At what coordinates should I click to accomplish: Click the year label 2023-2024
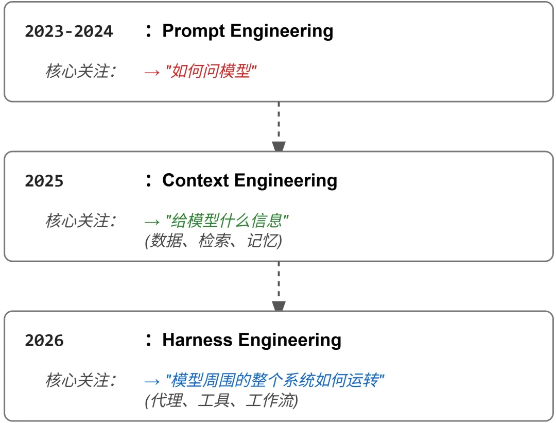click(x=68, y=31)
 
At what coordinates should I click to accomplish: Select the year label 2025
click(x=44, y=181)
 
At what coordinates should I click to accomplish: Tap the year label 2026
click(x=44, y=341)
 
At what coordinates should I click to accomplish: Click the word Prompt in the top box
click(x=194, y=31)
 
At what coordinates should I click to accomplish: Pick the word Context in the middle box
click(x=196, y=180)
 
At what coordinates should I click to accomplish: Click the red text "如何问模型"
click(x=211, y=72)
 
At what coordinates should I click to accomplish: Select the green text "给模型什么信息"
click(x=227, y=221)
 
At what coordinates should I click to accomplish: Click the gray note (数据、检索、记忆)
click(x=214, y=241)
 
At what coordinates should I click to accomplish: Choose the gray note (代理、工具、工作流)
click(x=221, y=401)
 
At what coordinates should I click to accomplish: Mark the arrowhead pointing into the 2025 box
click(x=279, y=147)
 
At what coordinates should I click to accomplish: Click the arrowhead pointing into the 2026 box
click(x=279, y=306)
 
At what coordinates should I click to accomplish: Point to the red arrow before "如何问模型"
click(x=152, y=72)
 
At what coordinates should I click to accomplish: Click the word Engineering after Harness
click(x=289, y=340)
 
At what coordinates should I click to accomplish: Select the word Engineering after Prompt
click(x=282, y=31)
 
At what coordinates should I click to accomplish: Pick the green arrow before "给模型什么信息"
click(x=152, y=222)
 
